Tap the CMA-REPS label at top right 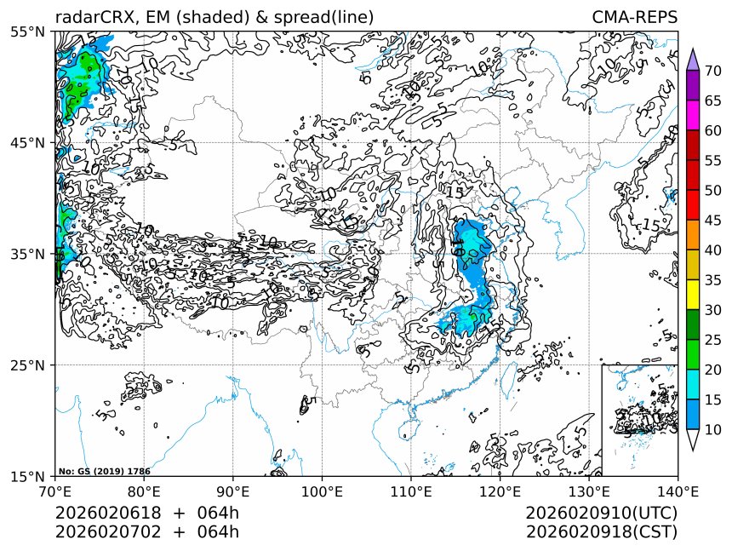[634, 18]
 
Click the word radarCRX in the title [90, 18]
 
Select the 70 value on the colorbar [713, 71]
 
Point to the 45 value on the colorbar [713, 220]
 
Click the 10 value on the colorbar [713, 429]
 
